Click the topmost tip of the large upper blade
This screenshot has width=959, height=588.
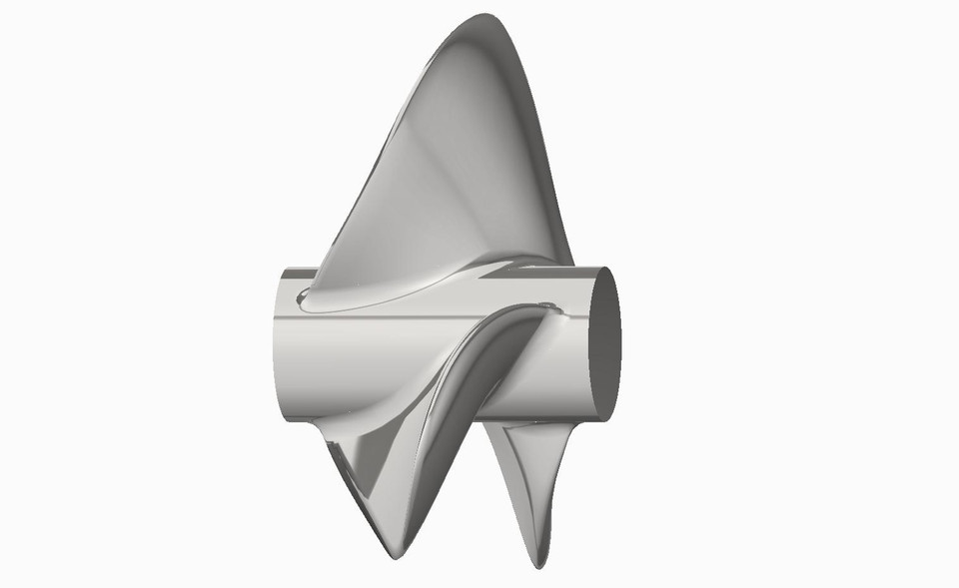(488, 17)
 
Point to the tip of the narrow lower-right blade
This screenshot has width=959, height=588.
(539, 565)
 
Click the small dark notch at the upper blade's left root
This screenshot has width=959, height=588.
(304, 294)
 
